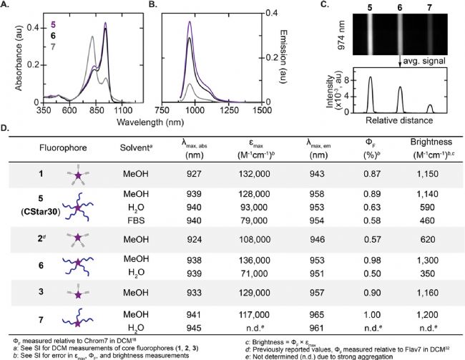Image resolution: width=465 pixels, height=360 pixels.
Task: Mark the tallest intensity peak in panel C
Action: point(371,78)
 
